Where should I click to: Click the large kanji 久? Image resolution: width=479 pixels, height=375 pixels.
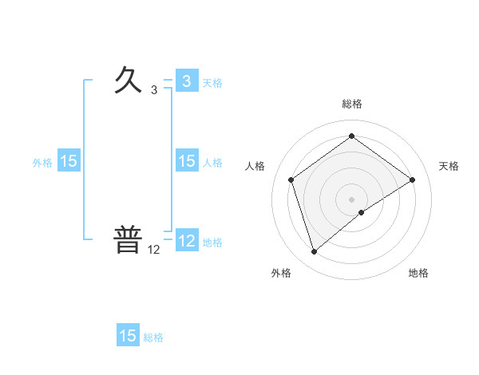coord(128,80)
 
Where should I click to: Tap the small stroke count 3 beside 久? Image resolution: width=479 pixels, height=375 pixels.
coord(153,90)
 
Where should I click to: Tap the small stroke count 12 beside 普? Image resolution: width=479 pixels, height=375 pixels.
coord(153,250)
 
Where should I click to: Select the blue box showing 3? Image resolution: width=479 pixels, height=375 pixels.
coord(186,81)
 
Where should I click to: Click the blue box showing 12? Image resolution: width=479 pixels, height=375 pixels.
coord(186,241)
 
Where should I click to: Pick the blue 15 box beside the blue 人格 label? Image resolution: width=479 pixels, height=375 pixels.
coord(186,161)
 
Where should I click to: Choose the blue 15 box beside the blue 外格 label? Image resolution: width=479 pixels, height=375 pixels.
coord(68,161)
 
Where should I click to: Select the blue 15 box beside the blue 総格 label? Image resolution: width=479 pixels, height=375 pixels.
coord(128,336)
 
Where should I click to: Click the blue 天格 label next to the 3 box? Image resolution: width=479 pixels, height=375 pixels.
coord(212,82)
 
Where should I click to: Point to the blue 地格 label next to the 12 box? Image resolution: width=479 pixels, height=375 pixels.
coord(212,242)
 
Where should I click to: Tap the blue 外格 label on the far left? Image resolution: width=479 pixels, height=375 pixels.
coord(42,162)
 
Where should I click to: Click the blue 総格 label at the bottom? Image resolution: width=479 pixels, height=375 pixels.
coord(153,337)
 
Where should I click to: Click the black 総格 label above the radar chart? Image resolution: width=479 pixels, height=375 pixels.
coord(351,104)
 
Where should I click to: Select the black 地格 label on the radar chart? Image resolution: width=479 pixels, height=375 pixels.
coord(418,273)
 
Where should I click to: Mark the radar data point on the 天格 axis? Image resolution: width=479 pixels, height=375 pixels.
coord(412,180)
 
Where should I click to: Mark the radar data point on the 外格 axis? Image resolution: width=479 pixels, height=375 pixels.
coord(314,252)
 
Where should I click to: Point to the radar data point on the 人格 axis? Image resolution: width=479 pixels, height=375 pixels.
coord(291,180)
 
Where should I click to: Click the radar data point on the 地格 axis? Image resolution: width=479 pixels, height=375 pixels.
coord(362,212)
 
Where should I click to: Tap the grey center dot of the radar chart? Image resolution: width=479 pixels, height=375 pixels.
coord(351,199)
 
